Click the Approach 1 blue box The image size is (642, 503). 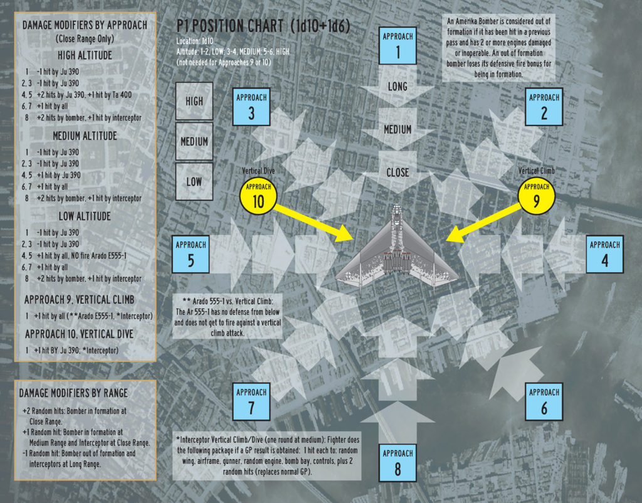(x=397, y=46)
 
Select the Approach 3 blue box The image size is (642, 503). (x=251, y=107)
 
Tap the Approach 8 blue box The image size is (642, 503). (x=397, y=463)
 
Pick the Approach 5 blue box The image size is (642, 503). (x=191, y=255)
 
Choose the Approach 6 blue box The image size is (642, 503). (x=544, y=402)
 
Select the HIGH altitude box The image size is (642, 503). (x=194, y=101)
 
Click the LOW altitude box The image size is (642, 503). (x=194, y=182)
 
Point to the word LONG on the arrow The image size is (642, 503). (x=397, y=87)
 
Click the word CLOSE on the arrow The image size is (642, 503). (x=397, y=173)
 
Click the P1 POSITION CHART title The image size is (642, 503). (x=263, y=26)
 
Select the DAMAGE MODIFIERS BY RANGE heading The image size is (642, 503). (x=73, y=393)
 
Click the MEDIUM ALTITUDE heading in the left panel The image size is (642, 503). (x=85, y=136)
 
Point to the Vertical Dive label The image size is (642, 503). (x=258, y=171)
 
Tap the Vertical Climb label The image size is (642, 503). (x=537, y=171)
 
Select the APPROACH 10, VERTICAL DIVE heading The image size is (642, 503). (x=79, y=334)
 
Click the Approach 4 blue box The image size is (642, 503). (x=605, y=255)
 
